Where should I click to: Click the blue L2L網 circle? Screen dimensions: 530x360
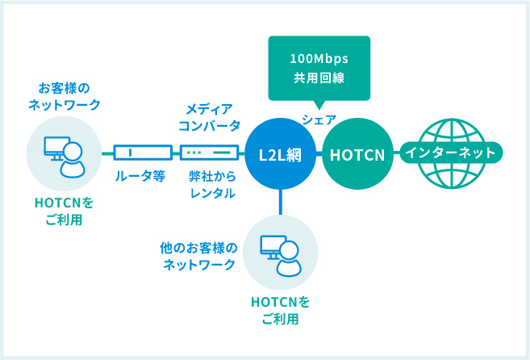pyautogui.click(x=280, y=154)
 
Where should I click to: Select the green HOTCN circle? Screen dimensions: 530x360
pyautogui.click(x=357, y=154)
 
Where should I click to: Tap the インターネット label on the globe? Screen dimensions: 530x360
pyautogui.click(x=451, y=153)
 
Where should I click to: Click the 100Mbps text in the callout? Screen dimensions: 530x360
pyautogui.click(x=319, y=59)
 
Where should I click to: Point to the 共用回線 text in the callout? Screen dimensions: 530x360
pyautogui.click(x=319, y=78)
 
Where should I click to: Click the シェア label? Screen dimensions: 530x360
pyautogui.click(x=319, y=119)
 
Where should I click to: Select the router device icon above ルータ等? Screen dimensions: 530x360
pyautogui.click(x=143, y=153)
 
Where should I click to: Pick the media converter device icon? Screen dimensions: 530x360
pyautogui.click(x=210, y=153)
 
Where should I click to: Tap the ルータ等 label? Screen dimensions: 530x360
pyautogui.click(x=140, y=176)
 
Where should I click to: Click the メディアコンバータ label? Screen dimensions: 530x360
pyautogui.click(x=210, y=117)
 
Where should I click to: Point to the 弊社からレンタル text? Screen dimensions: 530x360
pyautogui.click(x=212, y=185)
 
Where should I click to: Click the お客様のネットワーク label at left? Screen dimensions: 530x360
pyautogui.click(x=65, y=96)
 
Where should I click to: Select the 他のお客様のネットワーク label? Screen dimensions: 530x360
pyautogui.click(x=198, y=256)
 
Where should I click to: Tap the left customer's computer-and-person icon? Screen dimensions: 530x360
pyautogui.click(x=65, y=157)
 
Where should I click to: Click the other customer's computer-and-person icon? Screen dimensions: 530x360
pyautogui.click(x=281, y=255)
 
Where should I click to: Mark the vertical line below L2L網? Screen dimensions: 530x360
pyautogui.click(x=280, y=202)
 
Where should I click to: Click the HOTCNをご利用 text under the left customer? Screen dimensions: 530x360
pyautogui.click(x=65, y=211)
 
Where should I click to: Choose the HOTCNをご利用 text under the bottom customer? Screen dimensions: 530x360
pyautogui.click(x=280, y=311)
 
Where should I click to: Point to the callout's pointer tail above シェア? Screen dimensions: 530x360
pyautogui.click(x=319, y=105)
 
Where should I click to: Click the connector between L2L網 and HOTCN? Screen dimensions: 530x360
pyautogui.click(x=319, y=154)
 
